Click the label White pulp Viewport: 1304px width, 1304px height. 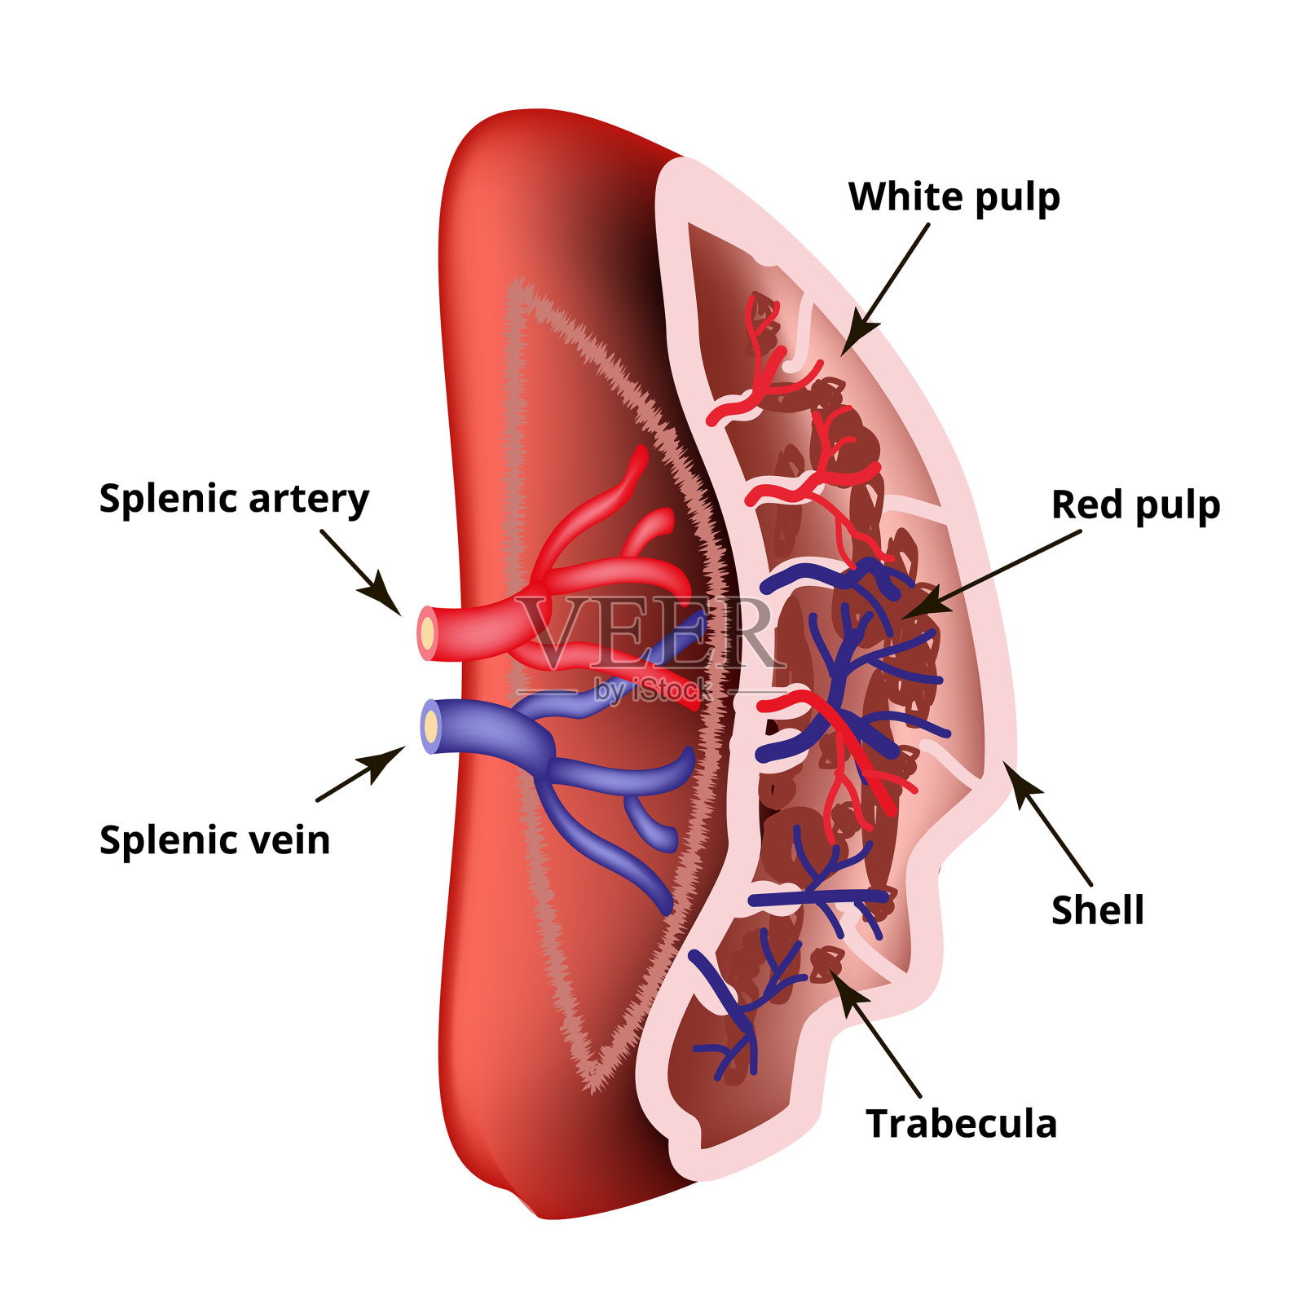point(954,198)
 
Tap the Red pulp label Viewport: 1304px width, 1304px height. point(1135,506)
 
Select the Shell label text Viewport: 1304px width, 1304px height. point(1097,910)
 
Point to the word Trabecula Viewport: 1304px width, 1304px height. point(961,1124)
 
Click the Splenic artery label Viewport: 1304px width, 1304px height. point(234,499)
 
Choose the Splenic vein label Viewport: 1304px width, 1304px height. point(214,840)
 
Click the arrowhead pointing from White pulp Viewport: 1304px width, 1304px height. point(857,335)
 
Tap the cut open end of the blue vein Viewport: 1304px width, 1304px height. point(430,726)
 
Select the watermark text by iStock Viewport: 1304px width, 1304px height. point(652,691)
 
